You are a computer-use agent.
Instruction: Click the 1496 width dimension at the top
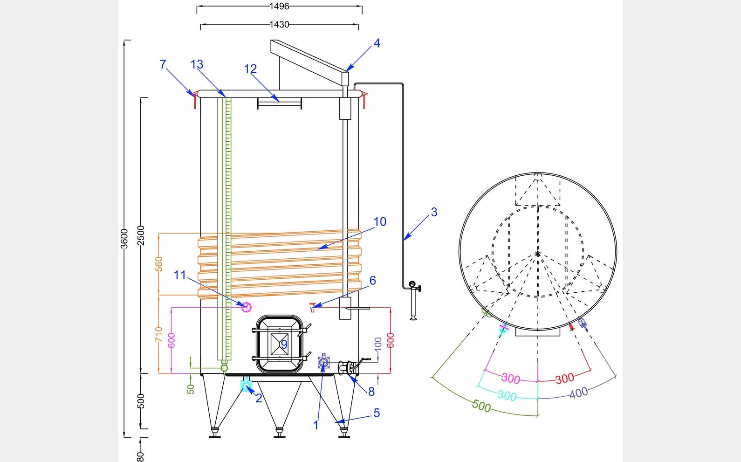279,7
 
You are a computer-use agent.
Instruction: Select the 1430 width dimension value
279,24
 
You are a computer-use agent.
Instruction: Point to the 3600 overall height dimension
124,238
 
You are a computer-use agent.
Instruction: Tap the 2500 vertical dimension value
141,235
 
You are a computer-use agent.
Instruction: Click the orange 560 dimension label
159,264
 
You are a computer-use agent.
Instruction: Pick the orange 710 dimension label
159,334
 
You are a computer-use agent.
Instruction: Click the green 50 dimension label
191,389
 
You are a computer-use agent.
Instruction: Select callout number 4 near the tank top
377,43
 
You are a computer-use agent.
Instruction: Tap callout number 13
197,64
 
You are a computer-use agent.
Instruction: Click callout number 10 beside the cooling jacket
380,222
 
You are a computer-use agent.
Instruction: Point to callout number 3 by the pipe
434,212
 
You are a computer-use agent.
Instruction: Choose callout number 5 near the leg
376,413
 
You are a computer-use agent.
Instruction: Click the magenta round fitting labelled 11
246,307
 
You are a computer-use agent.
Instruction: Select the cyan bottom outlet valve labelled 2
246,385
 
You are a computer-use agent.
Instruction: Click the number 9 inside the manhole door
283,345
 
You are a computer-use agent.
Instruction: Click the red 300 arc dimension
564,378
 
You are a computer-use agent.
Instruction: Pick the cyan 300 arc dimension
507,396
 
